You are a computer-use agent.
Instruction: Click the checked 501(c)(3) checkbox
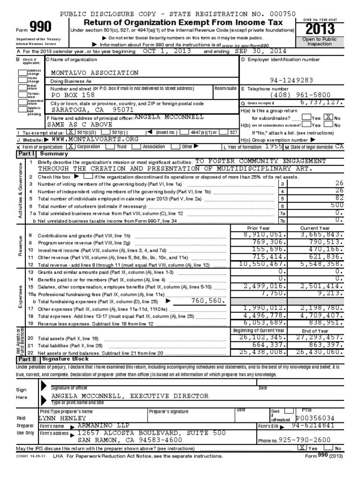click(x=71, y=133)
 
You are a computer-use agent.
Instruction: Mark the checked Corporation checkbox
click(x=71, y=146)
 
